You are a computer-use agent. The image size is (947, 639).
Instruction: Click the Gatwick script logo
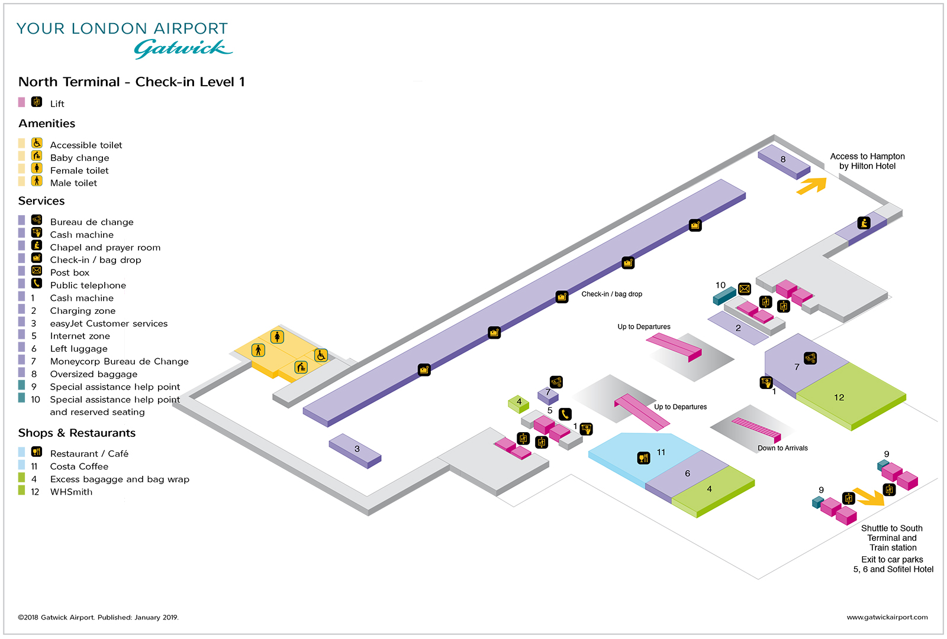[183, 48]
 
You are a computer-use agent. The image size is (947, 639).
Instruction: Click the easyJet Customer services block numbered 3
[355, 450]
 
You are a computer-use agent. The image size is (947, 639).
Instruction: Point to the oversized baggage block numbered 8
[783, 160]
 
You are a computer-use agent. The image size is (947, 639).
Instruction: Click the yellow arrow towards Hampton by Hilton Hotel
[812, 186]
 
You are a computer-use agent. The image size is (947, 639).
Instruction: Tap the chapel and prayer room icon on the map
[864, 223]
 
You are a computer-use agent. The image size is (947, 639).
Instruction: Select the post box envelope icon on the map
[745, 289]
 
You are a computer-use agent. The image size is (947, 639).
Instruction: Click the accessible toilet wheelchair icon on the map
[321, 355]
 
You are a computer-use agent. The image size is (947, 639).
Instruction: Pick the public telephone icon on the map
[565, 414]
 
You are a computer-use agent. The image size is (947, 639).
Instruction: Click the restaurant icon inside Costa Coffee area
[643, 458]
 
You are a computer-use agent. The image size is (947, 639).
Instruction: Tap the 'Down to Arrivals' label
[782, 448]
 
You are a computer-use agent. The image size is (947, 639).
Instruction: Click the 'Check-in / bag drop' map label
[611, 294]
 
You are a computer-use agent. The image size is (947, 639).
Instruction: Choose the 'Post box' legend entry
[70, 273]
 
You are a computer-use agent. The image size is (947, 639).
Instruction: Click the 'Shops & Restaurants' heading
[77, 433]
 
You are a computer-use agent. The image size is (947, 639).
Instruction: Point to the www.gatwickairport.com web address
[887, 617]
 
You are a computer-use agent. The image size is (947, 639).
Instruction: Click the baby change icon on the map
[301, 367]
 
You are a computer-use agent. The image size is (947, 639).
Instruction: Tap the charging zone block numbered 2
[737, 328]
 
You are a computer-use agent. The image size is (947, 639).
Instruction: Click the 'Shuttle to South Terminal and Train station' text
[892, 538]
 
